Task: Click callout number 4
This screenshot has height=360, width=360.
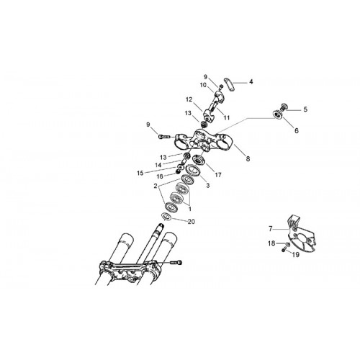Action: [251, 82]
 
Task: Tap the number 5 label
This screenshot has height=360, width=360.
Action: [305, 109]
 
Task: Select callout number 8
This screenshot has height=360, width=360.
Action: [248, 158]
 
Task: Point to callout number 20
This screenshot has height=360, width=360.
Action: [191, 222]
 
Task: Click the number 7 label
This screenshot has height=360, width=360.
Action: [271, 229]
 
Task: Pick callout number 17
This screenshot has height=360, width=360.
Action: [218, 175]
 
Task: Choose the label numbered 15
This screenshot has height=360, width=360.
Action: [140, 173]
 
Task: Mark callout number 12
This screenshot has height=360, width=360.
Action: [189, 99]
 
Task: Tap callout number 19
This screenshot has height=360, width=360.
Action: [296, 255]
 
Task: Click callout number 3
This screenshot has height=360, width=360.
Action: [208, 186]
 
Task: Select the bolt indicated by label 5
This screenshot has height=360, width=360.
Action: [284, 107]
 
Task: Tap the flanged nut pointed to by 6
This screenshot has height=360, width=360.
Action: [278, 114]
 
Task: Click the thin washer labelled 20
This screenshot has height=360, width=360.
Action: [166, 217]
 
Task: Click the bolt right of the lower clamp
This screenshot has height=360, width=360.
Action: [176, 263]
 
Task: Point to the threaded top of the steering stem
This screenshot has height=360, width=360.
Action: [159, 226]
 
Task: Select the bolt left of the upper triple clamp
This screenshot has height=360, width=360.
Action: [164, 137]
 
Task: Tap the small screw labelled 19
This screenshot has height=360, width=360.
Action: [283, 250]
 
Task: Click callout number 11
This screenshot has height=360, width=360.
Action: [227, 117]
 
